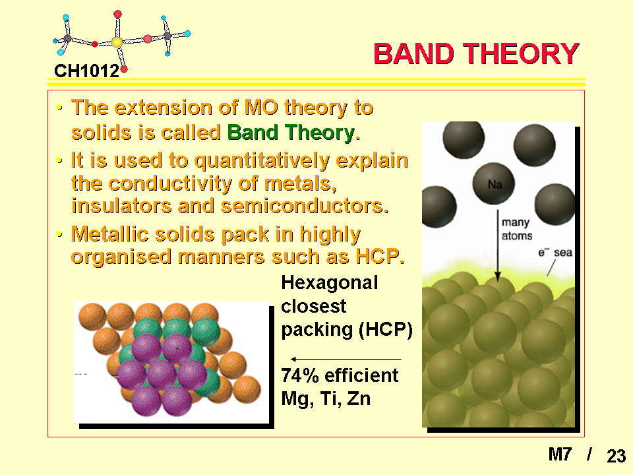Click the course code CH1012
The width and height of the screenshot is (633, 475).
(87, 71)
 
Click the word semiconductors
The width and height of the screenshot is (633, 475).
(305, 206)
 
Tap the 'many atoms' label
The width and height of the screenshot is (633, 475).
(516, 229)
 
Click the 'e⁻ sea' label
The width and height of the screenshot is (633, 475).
(555, 253)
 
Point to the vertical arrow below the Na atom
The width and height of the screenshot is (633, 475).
(498, 245)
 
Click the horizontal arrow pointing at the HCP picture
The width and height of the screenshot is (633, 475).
(346, 359)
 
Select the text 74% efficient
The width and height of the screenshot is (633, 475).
(340, 375)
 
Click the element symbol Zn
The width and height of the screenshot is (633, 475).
(359, 398)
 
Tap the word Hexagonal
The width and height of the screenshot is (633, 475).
(330, 283)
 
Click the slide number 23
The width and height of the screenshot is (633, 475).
(616, 456)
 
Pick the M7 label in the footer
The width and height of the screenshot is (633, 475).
(560, 455)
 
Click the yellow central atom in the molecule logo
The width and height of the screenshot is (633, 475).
(117, 42)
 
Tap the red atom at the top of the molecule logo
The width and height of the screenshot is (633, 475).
(117, 15)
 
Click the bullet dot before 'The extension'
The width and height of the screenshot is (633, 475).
(60, 108)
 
